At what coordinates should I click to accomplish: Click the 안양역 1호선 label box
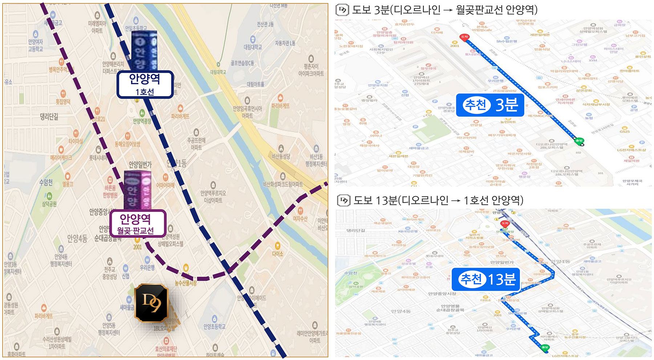point(145,84)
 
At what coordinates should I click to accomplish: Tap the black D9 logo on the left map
point(151,303)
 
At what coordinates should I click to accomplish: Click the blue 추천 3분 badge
point(490,105)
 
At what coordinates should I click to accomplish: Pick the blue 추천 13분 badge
point(486,279)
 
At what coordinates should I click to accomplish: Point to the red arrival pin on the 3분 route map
point(464,37)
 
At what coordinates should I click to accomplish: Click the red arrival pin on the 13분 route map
point(505,224)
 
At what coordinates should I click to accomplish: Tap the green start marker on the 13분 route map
point(545,348)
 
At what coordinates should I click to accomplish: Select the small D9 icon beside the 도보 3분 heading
point(342,10)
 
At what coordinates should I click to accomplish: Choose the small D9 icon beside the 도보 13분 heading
point(343,200)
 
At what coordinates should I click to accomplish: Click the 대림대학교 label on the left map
point(253,47)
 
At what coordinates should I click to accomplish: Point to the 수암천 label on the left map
point(46,182)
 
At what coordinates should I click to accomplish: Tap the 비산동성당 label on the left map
point(281,156)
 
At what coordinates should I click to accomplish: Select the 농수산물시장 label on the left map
point(186,283)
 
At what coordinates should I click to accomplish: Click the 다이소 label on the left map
point(278,254)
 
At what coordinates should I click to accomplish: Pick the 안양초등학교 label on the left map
point(214,327)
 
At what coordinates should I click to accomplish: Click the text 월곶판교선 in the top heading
point(480,10)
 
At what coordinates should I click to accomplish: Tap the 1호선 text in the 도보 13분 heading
point(476,200)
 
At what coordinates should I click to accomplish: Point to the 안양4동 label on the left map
point(77,238)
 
